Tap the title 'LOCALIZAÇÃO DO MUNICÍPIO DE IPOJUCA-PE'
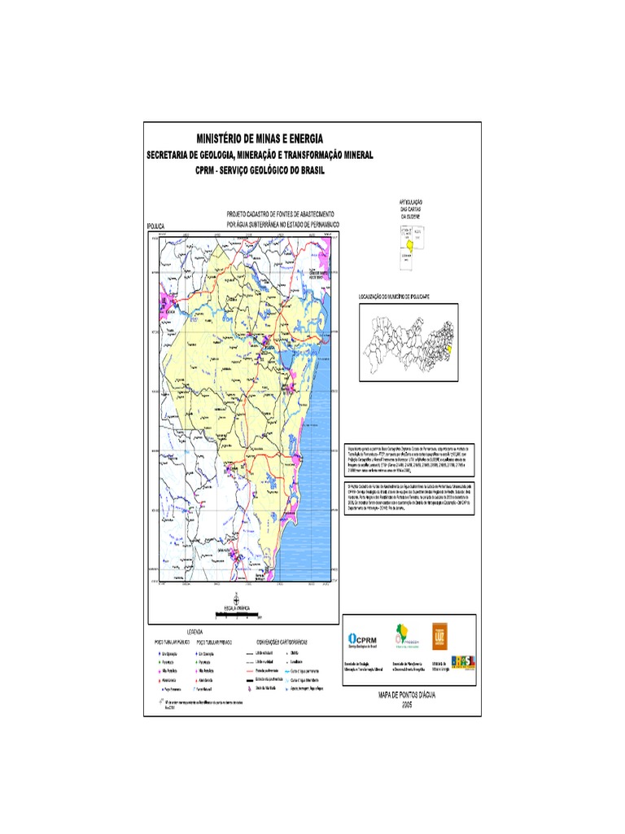[x=405, y=298]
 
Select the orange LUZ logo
[x=439, y=637]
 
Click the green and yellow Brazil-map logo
[x=401, y=635]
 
